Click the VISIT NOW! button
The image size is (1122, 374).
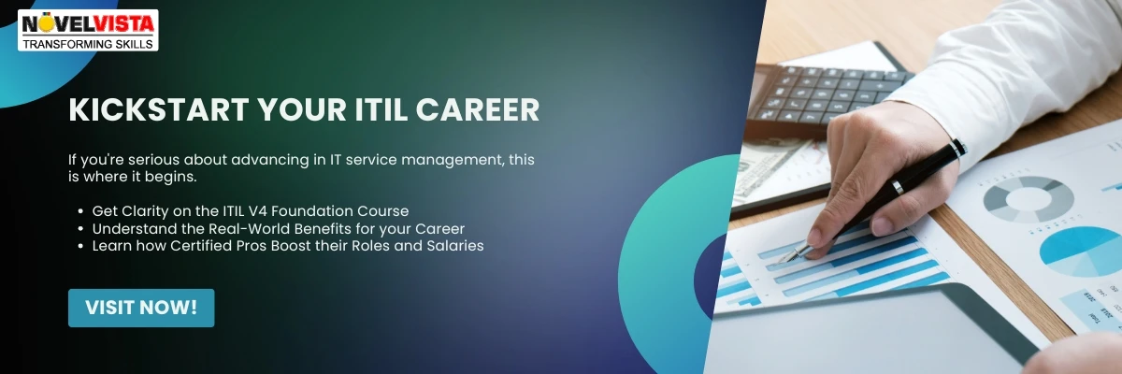click(141, 308)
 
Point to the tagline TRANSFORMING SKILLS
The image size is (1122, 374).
click(89, 44)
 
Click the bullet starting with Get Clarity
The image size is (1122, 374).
click(250, 210)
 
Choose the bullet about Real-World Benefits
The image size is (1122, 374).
click(278, 228)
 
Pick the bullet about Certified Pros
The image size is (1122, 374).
click(287, 246)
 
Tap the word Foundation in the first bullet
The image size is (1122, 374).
click(318, 210)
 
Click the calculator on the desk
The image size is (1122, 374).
click(823, 93)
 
